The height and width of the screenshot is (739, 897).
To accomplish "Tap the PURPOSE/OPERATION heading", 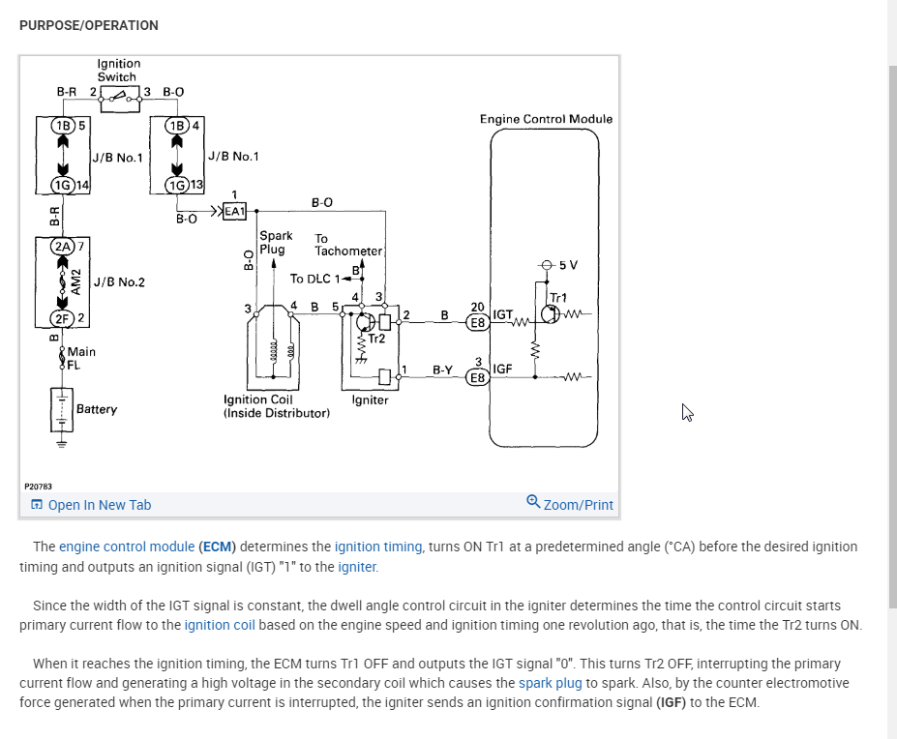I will [x=89, y=25].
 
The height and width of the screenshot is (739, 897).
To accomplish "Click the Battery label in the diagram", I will [x=97, y=409].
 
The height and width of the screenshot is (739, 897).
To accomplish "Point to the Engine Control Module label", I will [x=546, y=119].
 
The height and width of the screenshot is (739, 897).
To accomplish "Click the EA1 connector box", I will [x=235, y=210].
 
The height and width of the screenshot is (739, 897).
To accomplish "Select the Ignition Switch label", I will [x=117, y=70].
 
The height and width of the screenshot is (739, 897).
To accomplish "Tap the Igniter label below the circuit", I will [x=370, y=399].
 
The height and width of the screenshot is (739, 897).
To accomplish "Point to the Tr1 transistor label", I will [x=558, y=298].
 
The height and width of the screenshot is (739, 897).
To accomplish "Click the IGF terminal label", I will [x=502, y=369].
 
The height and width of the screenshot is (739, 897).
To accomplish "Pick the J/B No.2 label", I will [x=119, y=282].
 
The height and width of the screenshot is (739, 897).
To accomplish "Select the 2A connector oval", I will [x=64, y=247].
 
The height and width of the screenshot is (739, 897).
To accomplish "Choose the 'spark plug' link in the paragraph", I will [x=550, y=683].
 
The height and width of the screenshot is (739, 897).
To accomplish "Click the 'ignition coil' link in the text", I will [x=220, y=625].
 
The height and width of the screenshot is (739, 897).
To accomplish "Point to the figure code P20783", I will [x=38, y=486].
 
